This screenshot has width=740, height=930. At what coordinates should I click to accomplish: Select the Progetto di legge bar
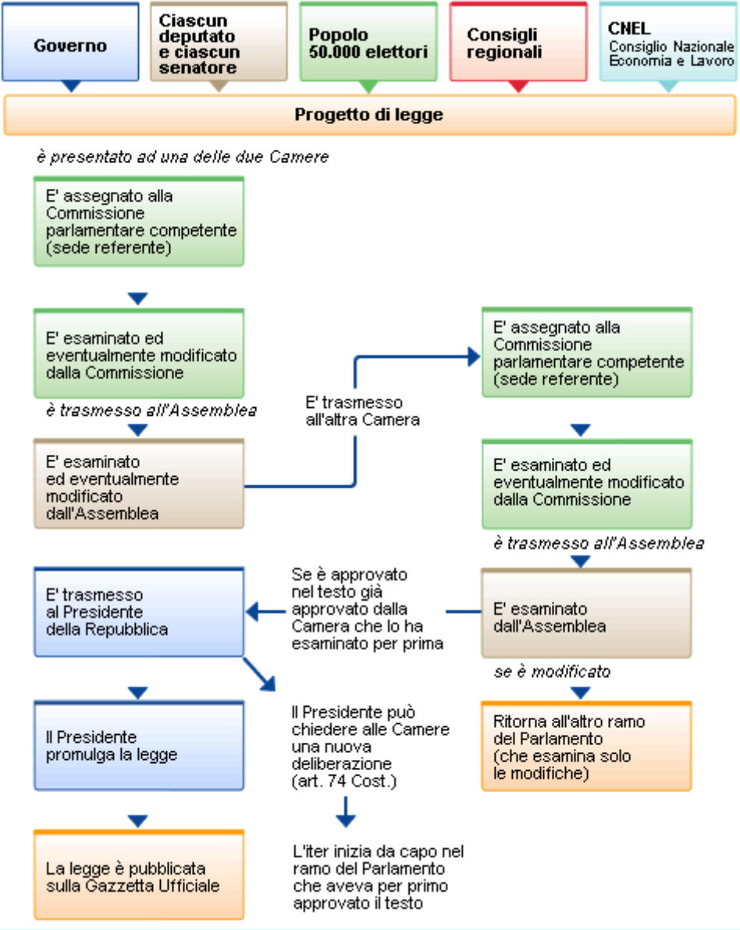369,115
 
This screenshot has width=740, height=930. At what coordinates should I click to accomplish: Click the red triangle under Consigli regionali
518,86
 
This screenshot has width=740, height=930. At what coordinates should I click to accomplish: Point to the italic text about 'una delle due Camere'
182,157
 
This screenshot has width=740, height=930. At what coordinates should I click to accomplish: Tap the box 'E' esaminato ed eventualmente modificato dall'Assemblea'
139,484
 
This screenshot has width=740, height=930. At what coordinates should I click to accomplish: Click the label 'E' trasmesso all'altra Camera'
354,411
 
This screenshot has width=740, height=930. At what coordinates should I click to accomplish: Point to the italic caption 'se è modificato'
552,671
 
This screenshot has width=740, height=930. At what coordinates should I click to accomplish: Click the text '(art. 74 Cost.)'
345,780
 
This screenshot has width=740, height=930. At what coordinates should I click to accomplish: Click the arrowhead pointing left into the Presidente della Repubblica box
254,610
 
